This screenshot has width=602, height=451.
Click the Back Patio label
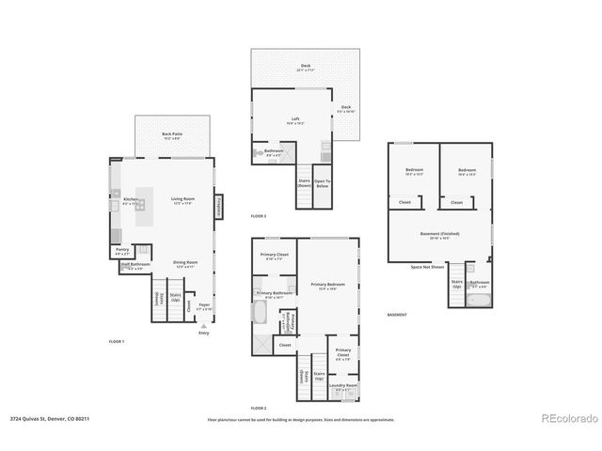tap(171, 134)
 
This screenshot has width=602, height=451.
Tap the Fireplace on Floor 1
tap(218, 203)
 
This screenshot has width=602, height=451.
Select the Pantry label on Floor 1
tap(122, 250)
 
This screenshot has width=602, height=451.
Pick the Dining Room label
tap(184, 264)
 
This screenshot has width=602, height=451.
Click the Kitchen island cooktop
tap(139, 205)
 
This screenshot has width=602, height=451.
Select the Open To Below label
tap(322, 184)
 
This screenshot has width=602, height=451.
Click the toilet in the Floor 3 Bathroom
tap(257, 153)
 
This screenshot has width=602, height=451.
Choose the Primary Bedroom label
tap(327, 288)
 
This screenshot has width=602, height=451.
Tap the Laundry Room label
tap(345, 387)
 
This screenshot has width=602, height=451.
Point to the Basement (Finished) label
tap(440, 237)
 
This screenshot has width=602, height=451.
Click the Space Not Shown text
tap(428, 267)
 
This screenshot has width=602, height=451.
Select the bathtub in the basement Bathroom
tap(477, 301)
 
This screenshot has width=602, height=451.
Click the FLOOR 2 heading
tap(259, 408)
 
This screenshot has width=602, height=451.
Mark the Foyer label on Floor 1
tap(204, 306)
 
